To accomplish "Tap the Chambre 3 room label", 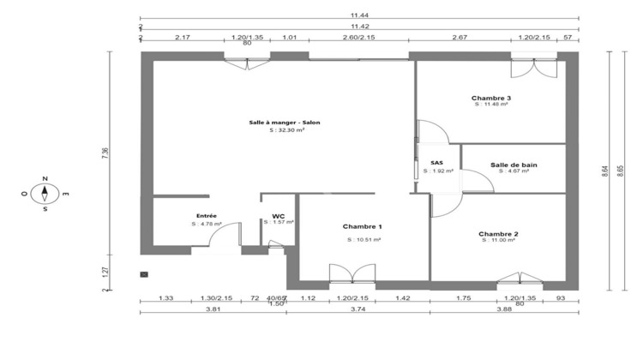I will click(491, 99).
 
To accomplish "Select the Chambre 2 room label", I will click(498, 233).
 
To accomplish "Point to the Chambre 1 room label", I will click(363, 226).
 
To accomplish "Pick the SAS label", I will click(436, 163).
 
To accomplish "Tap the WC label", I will click(279, 216).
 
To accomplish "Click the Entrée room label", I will click(207, 216).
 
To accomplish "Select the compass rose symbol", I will click(45, 194).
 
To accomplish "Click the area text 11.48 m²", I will click(491, 106).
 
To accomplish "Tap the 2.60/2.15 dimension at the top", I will click(359, 38).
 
